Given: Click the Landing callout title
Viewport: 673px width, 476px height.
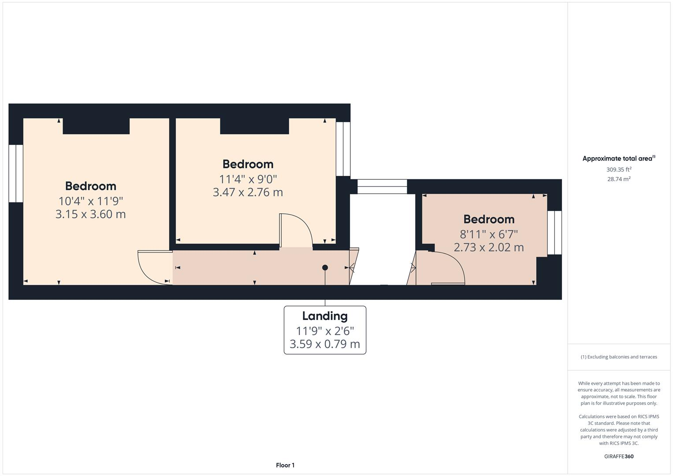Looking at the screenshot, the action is click(x=325, y=316).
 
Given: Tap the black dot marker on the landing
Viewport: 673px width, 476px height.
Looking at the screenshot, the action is click(x=325, y=268).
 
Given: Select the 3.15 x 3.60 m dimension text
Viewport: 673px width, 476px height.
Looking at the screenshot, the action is click(x=90, y=214).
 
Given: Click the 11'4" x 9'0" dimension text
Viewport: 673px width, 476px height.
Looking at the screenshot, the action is click(x=248, y=179).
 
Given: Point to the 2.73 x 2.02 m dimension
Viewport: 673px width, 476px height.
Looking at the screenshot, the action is click(x=488, y=247).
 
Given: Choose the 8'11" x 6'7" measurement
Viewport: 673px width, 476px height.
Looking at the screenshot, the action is click(x=489, y=234).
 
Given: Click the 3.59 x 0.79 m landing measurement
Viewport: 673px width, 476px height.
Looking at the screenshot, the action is click(x=325, y=344).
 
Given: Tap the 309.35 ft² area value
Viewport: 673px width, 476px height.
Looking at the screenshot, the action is click(x=619, y=170).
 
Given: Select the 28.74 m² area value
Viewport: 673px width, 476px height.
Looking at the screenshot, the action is click(x=619, y=179).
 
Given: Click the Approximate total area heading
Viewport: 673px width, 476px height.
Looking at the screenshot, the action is click(x=619, y=158).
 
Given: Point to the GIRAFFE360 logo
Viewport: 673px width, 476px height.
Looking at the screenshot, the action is click(x=619, y=456).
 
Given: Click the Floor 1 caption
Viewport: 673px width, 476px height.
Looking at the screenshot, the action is click(x=285, y=465).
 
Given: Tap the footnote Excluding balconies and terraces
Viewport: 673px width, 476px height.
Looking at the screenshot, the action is click(x=619, y=357).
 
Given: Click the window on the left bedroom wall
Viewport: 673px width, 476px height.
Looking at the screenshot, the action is click(x=16, y=173).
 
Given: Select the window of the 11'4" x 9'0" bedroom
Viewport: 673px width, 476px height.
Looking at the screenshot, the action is click(x=343, y=149).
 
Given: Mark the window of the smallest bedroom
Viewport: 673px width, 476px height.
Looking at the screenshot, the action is click(x=554, y=233).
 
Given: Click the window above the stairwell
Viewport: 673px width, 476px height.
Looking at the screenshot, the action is click(x=382, y=186).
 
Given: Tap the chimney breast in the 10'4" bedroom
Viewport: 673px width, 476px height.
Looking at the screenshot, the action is click(x=96, y=126).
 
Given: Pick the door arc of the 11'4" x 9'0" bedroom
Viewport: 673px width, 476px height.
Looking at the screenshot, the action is click(x=304, y=223).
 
